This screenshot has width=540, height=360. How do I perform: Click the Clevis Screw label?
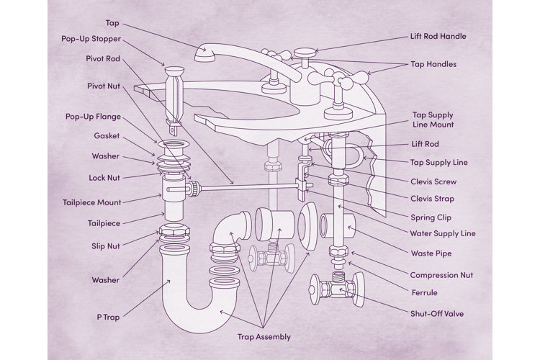(x=433, y=181)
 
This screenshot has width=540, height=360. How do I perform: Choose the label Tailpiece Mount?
(x=92, y=202)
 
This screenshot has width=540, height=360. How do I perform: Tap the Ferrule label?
(x=425, y=293)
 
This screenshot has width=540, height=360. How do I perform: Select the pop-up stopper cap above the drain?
(x=175, y=71)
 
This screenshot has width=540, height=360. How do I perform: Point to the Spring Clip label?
(x=432, y=215)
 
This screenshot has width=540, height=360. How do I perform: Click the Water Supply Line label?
(x=443, y=233)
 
